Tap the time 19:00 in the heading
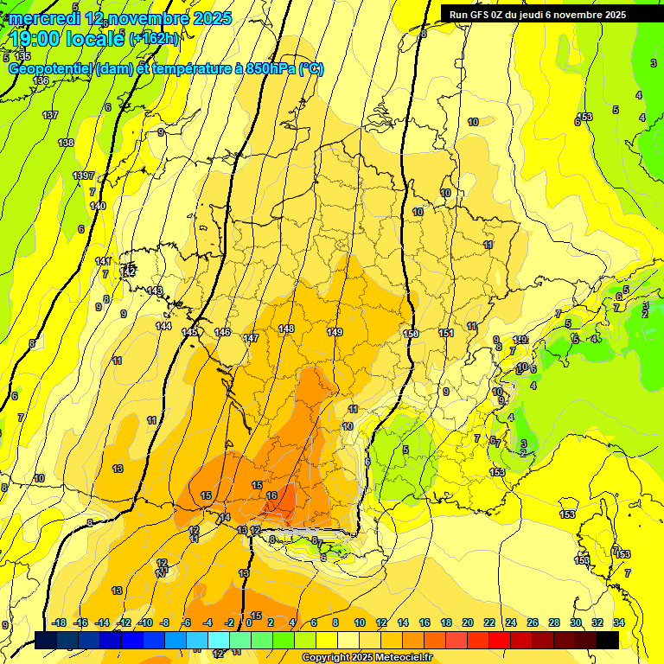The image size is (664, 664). (38, 38)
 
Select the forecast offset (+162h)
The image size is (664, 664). (154, 39)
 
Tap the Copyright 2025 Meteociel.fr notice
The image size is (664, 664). (367, 658)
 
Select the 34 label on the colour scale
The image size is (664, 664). (619, 622)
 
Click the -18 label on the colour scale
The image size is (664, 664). (59, 622)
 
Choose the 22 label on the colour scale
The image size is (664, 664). (488, 622)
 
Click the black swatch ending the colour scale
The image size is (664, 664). (608, 640)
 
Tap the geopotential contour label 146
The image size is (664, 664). (222, 333)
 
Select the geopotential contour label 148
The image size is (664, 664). (286, 329)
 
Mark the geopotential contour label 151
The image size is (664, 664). (446, 333)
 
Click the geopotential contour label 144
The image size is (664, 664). (163, 326)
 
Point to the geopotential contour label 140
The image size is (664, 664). (98, 206)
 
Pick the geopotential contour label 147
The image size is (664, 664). (251, 338)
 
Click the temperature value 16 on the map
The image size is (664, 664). (272, 495)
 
